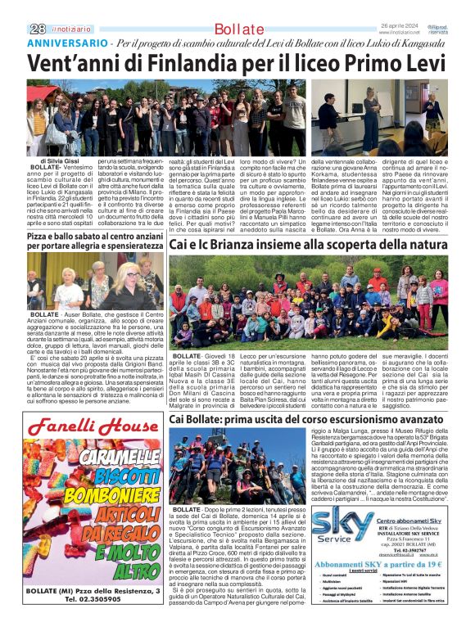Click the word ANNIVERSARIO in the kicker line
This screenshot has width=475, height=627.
[55, 42]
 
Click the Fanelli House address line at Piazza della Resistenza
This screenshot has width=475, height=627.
[93, 589]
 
